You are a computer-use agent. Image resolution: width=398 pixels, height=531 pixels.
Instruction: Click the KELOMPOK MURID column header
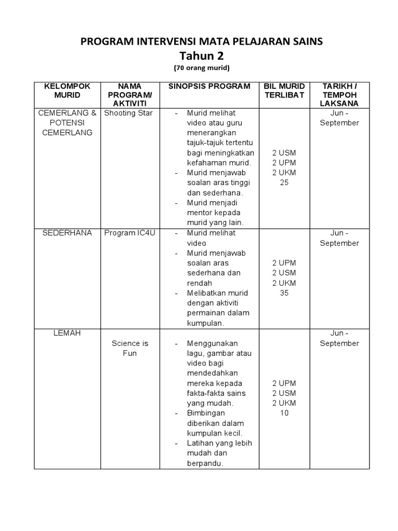point(67,91)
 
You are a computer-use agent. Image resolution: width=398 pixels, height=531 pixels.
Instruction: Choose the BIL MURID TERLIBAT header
point(285,91)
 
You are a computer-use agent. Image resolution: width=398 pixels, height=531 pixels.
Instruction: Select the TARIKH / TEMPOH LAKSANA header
point(339,95)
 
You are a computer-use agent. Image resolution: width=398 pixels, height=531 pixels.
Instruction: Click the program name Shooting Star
point(128,113)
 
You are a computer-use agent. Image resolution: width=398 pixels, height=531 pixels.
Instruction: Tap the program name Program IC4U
point(130,233)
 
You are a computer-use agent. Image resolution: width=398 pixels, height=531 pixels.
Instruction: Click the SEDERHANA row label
point(67,233)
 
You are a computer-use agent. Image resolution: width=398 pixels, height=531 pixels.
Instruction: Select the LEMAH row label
point(67,333)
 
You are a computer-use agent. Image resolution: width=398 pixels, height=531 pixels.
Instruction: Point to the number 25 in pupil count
point(284,183)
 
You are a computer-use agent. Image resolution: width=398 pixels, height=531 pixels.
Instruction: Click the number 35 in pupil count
point(284,293)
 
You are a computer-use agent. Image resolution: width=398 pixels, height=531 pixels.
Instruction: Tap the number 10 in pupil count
point(284,413)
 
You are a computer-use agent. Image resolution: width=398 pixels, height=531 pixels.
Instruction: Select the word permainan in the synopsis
point(205,313)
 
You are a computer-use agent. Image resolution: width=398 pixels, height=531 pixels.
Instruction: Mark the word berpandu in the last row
point(204,463)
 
